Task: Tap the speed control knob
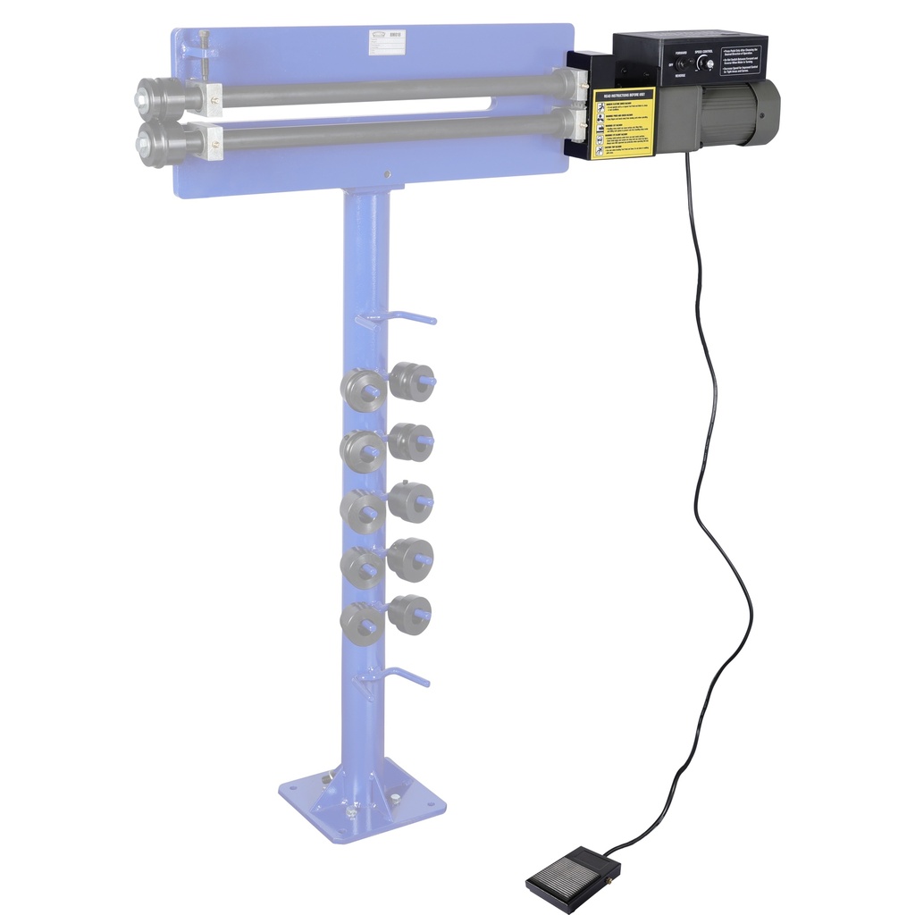click(x=706, y=63)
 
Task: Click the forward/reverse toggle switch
click(x=679, y=65)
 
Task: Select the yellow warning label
click(x=623, y=123)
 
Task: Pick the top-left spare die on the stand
click(x=361, y=390)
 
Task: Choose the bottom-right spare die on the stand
click(x=409, y=615)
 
